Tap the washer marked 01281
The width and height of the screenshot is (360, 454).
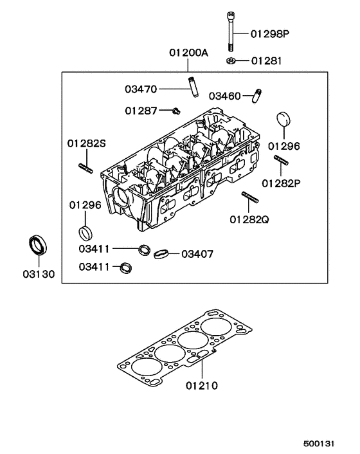(230, 61)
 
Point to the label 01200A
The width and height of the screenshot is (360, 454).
(188, 53)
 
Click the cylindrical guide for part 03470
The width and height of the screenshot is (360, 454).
(192, 87)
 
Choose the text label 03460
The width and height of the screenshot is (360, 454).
(225, 96)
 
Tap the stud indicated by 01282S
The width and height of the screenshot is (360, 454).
(87, 169)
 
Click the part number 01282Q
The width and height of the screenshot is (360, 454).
(249, 220)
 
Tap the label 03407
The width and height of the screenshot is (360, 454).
(197, 254)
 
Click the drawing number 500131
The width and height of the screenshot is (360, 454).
(319, 444)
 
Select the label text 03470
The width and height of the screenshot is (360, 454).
(141, 88)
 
